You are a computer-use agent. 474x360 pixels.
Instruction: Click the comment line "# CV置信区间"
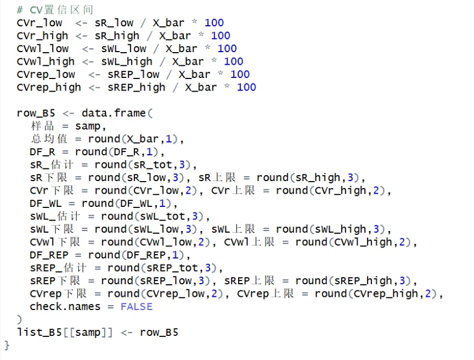[x=55, y=10]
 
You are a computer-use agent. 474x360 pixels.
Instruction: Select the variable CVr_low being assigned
[x=39, y=23]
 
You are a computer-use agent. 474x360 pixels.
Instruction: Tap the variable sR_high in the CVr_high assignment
[x=117, y=36]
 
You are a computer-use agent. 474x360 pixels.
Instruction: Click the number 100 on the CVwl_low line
[x=227, y=49]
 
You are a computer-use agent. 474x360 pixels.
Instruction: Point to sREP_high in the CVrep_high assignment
[x=137, y=88]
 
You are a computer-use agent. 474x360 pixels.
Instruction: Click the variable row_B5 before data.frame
[x=36, y=114]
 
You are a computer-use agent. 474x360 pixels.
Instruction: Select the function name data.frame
[x=114, y=114]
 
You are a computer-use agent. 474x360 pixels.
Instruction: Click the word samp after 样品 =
[x=88, y=126]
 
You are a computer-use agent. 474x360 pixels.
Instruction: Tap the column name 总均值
[x=49, y=139]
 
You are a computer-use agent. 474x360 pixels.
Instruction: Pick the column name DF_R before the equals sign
[x=43, y=152]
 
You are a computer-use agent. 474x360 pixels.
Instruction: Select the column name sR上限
[x=217, y=178]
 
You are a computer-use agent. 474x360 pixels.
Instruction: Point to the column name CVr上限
[x=233, y=191]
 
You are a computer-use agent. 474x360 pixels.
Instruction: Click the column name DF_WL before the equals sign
[x=46, y=204]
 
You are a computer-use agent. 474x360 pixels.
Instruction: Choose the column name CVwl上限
[x=250, y=243]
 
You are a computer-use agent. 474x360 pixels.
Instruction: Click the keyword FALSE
[x=137, y=307]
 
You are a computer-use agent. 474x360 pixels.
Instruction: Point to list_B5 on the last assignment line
[x=39, y=333]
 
